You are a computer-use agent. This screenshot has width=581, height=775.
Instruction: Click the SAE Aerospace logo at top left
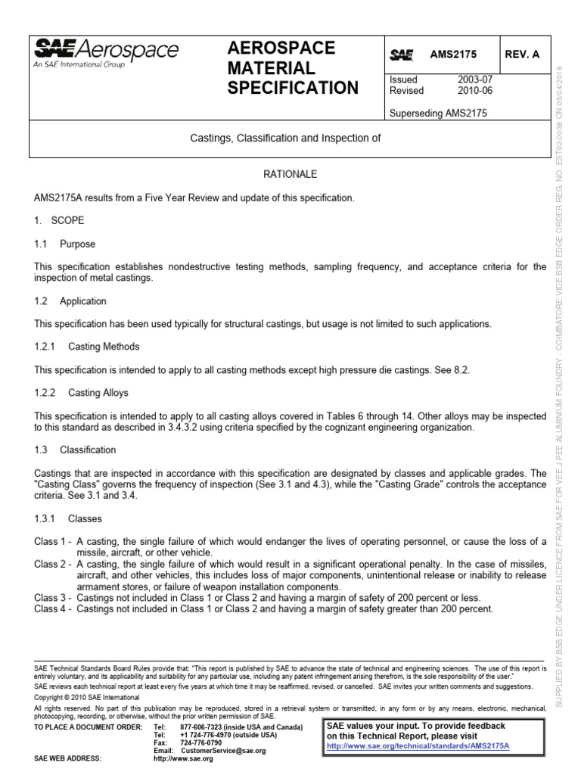106,54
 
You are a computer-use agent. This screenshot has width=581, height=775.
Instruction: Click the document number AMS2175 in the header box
455,55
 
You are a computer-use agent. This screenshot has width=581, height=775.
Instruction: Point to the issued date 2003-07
474,79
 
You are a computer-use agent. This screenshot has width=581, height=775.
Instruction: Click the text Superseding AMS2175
437,113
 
